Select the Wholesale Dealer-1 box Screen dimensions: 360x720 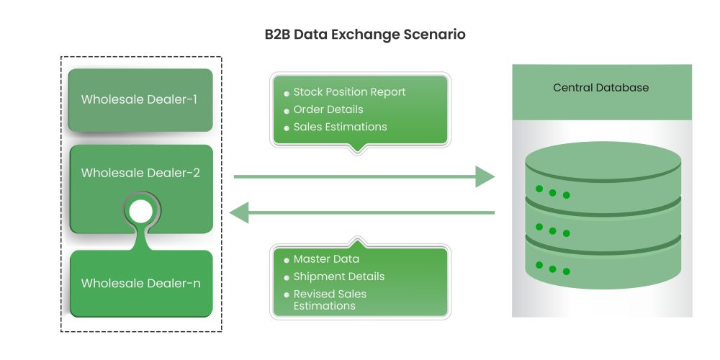(x=140, y=99)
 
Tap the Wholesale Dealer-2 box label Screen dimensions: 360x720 (x=140, y=173)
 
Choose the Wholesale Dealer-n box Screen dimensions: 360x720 (x=140, y=283)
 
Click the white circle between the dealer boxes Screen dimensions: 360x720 (x=141, y=212)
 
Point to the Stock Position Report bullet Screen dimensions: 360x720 (x=349, y=92)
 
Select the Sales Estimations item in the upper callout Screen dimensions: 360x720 (x=340, y=127)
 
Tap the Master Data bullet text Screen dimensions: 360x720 (x=325, y=259)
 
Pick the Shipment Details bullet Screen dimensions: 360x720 (x=338, y=276)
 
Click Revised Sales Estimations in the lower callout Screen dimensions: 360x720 (x=329, y=300)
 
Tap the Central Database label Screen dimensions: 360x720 (x=600, y=88)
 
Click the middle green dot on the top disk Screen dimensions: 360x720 (x=552, y=192)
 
